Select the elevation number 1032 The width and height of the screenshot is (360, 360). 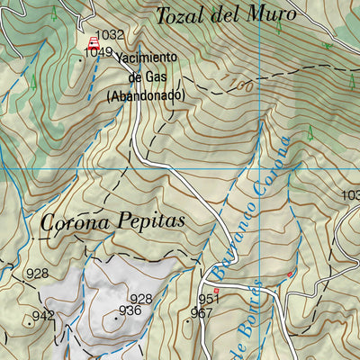coord(109,35)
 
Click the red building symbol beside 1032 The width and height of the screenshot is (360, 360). coord(93,41)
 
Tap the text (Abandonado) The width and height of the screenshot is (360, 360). coord(145,94)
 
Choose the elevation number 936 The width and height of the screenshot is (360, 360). coord(130,310)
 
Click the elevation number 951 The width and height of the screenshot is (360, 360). coord(209,299)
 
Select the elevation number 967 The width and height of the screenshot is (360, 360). coord(201,313)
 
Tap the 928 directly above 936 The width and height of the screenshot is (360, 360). coord(140,299)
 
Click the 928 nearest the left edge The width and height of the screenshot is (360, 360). coord(37,274)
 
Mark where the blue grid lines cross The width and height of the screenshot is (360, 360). coord(259,168)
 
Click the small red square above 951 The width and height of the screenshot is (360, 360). coord(217,291)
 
